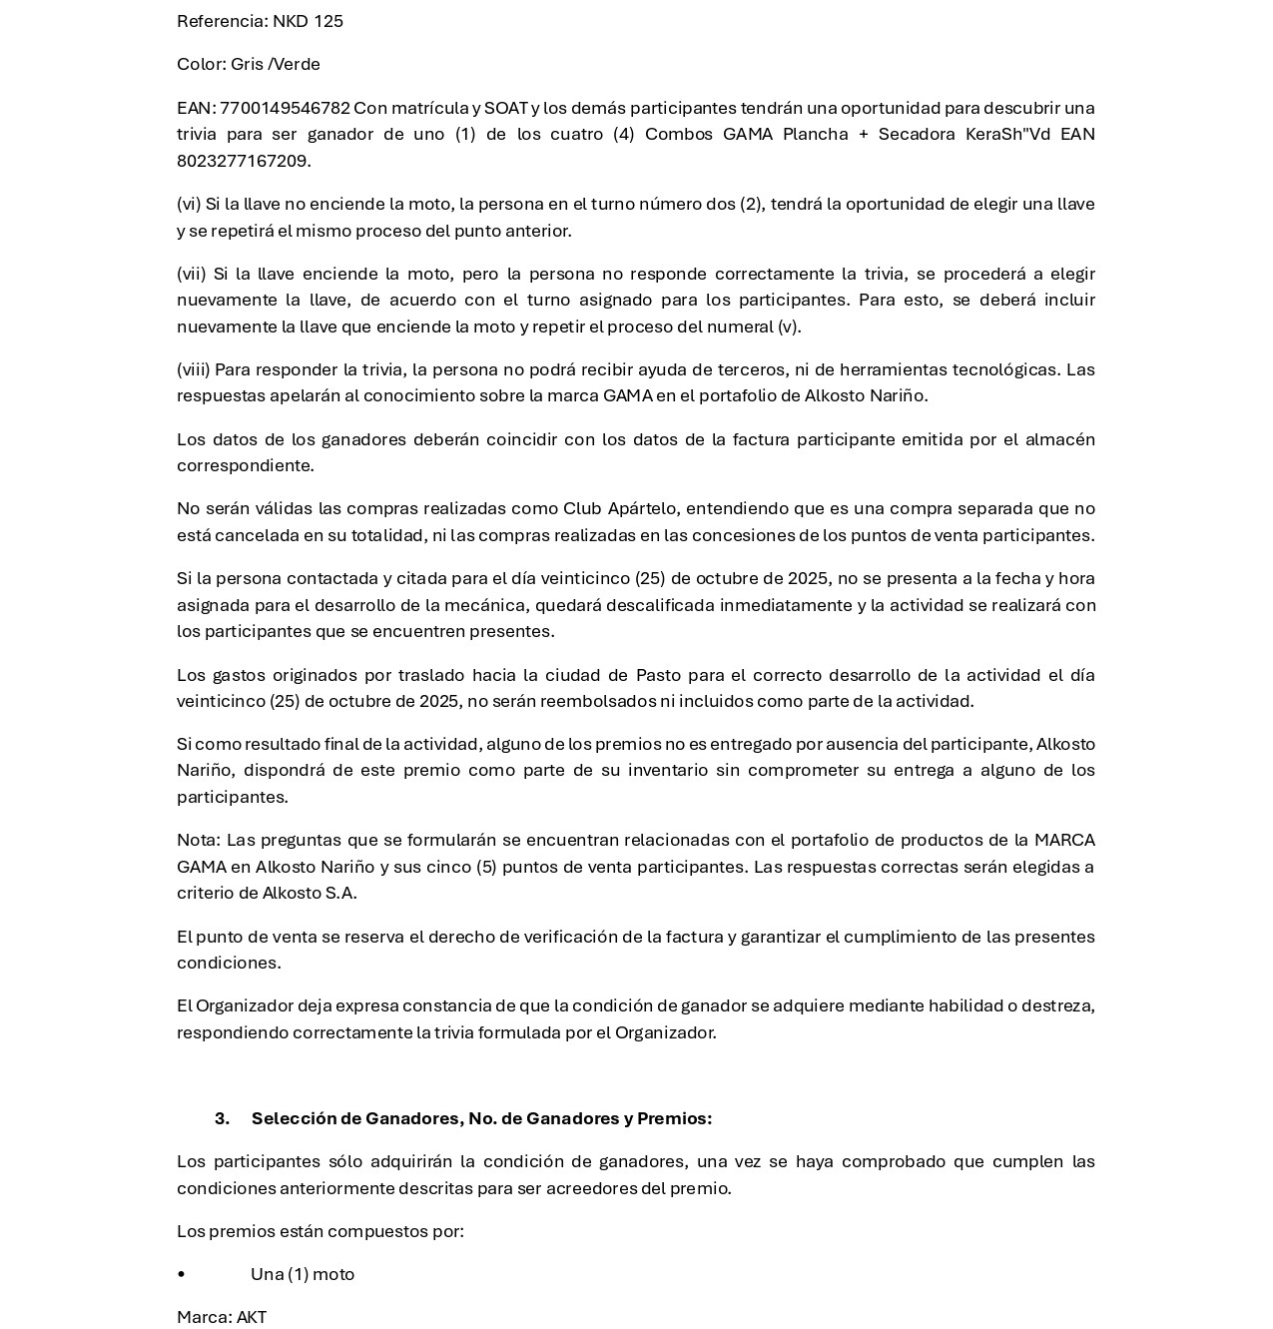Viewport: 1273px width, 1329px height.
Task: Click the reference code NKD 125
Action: (308, 21)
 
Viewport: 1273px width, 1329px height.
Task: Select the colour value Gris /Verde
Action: (276, 64)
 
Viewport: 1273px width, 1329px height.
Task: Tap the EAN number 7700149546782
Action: (285, 108)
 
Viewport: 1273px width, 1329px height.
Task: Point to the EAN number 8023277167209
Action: (243, 161)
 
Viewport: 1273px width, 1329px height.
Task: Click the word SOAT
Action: (505, 108)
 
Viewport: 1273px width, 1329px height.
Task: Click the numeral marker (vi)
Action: (189, 204)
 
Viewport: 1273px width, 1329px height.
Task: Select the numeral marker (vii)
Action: (191, 274)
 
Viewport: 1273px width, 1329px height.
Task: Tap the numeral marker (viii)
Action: (194, 369)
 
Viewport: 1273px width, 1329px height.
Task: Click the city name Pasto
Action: (658, 675)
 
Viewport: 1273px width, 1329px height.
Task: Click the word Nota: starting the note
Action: (198, 840)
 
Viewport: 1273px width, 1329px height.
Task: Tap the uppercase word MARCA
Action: (1064, 840)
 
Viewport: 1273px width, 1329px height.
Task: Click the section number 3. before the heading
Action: (222, 1118)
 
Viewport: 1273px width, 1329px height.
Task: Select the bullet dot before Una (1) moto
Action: (181, 1274)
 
